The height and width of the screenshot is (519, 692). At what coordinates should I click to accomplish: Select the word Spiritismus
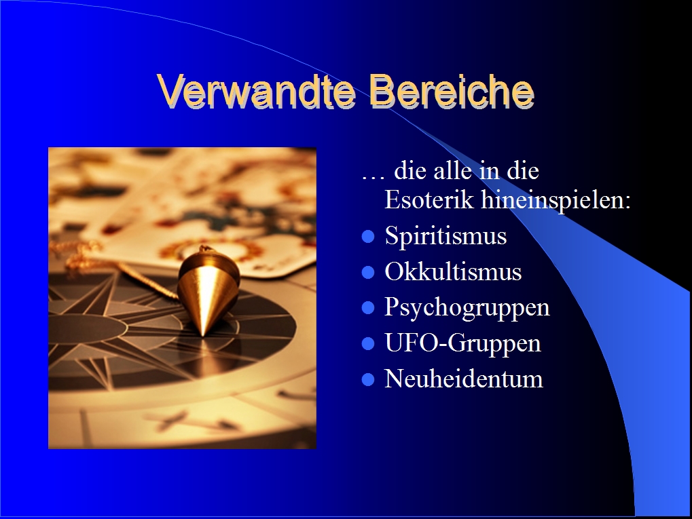445,235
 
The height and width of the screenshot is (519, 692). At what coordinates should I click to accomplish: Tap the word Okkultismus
453,271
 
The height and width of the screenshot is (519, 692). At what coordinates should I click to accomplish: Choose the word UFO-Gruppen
463,343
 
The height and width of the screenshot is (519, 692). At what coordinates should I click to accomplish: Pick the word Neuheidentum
464,379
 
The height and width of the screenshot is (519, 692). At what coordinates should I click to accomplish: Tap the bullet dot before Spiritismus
368,237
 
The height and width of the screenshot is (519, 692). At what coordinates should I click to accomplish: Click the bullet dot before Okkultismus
368,273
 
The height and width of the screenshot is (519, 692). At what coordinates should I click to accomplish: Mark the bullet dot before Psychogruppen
368,308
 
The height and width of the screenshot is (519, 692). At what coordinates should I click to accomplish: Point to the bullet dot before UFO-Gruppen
368,344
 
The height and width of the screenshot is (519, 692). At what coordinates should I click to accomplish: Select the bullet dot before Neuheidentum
368,380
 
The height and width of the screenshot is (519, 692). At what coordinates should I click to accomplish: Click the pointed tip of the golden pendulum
203,336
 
